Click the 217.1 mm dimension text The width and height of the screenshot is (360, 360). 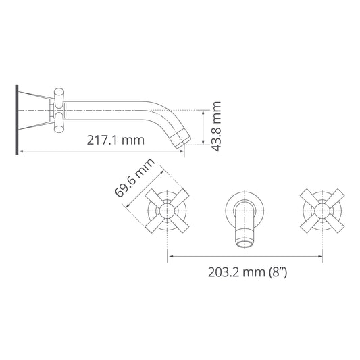point(116,140)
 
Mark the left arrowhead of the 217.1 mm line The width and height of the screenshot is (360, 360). point(20,151)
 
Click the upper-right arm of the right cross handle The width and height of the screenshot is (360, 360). point(334,197)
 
